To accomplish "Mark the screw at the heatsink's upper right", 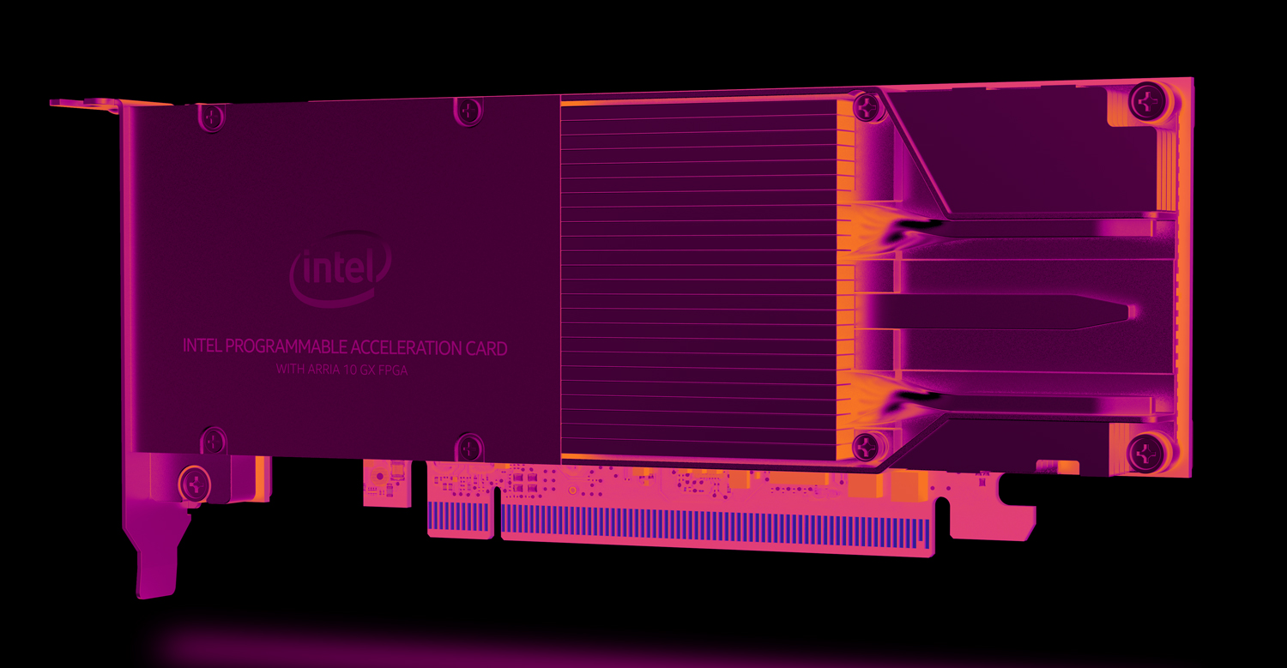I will (868, 107).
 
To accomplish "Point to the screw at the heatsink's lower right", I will (868, 445).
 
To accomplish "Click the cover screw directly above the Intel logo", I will (468, 109).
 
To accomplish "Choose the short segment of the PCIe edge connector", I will (459, 516).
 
